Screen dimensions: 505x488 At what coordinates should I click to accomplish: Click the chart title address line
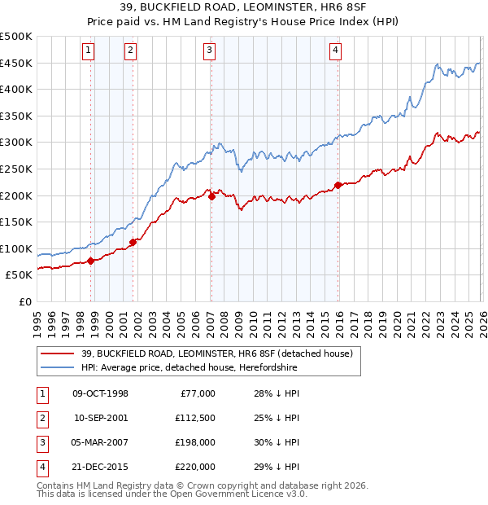[x=243, y=8]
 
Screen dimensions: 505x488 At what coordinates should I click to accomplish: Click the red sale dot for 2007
[x=211, y=196]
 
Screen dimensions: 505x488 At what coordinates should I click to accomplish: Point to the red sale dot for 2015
[x=338, y=184]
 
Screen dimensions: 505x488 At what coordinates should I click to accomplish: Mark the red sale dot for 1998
[x=91, y=261]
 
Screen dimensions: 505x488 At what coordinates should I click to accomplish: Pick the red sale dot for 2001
[x=133, y=242]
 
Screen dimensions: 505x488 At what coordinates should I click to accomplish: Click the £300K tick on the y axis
[x=16, y=143]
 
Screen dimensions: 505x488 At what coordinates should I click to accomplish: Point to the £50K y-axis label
[x=19, y=275]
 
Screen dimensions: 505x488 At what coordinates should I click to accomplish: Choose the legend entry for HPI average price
[x=189, y=368]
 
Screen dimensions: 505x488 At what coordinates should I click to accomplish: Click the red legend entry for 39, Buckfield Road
[x=216, y=353]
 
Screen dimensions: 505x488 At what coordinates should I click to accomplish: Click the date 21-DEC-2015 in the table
[x=101, y=467]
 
